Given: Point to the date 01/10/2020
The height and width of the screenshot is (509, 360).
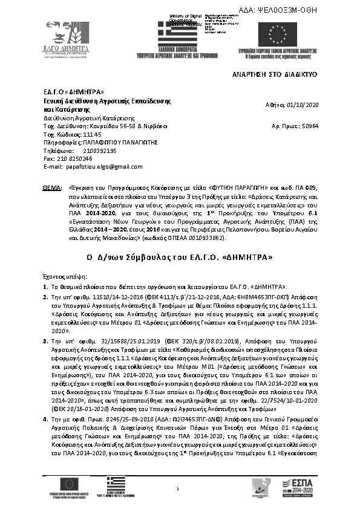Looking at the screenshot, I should (x=298, y=105).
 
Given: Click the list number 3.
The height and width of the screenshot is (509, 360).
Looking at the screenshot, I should (x=45, y=341).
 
